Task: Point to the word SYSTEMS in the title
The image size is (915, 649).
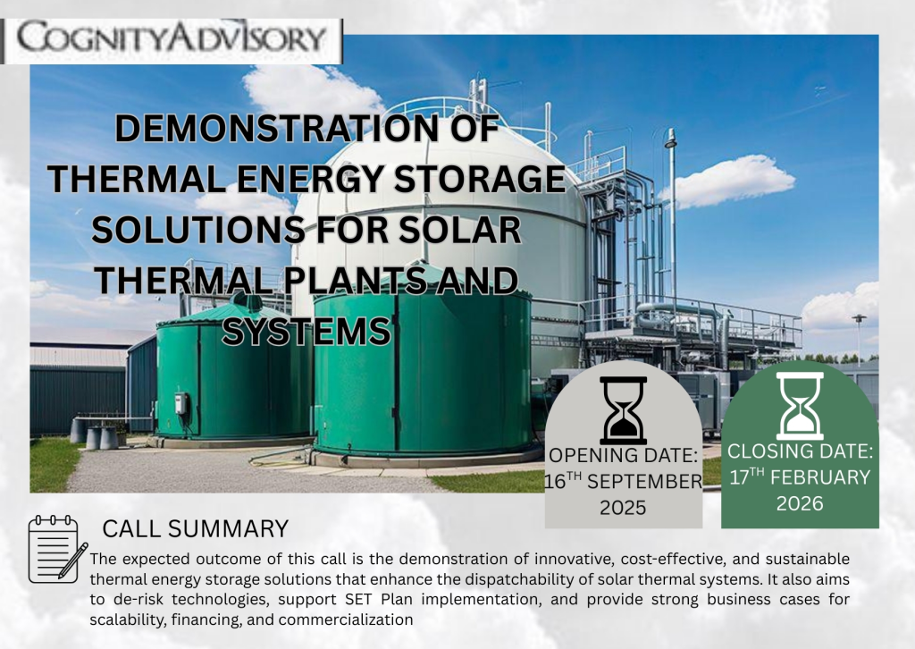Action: (306, 332)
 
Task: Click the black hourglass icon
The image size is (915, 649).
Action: (623, 409)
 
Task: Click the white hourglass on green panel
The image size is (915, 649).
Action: (800, 406)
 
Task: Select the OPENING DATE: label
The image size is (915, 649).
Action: (623, 455)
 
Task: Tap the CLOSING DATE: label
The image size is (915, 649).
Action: (800, 451)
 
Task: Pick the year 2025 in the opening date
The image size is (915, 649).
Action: (623, 508)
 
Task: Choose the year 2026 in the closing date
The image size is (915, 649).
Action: (800, 503)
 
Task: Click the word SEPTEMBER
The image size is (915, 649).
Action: (644, 482)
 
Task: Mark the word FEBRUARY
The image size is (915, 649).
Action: (820, 477)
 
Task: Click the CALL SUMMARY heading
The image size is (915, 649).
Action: (196, 529)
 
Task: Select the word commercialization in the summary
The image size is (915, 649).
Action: (346, 619)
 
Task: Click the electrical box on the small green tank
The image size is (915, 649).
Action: (181, 403)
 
